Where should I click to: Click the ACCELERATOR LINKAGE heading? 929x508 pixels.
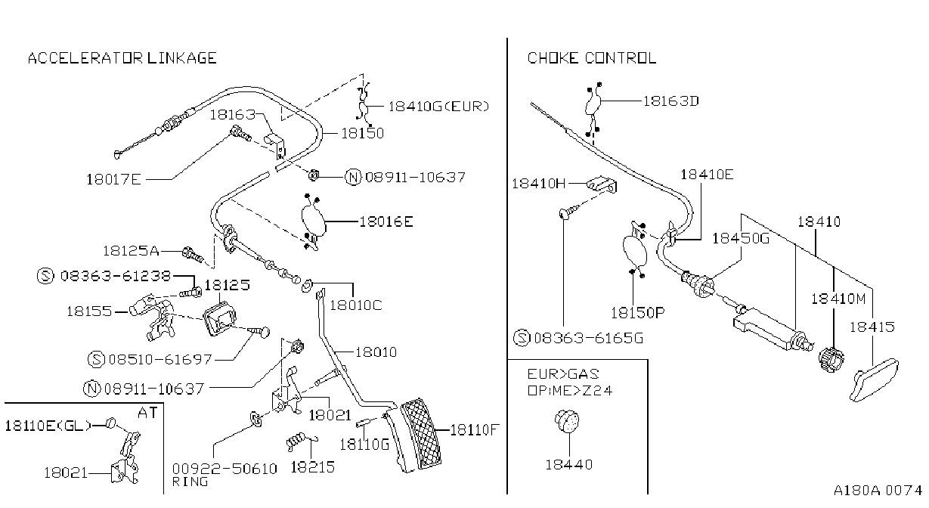(122, 58)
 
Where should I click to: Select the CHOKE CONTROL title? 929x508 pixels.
(592, 58)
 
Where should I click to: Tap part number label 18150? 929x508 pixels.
(363, 133)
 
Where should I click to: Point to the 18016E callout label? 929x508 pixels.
(386, 221)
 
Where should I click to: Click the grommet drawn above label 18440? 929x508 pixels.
(567, 421)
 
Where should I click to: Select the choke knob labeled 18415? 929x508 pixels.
(874, 379)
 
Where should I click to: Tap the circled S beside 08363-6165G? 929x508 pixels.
(522, 338)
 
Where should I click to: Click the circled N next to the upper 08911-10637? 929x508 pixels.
(353, 178)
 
